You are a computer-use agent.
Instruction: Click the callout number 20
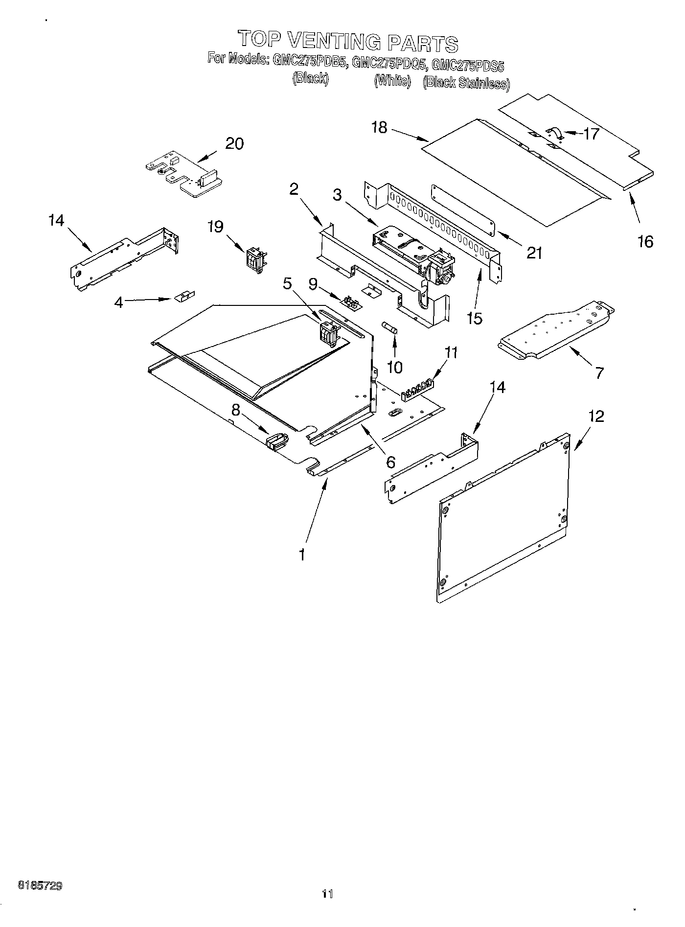(x=234, y=144)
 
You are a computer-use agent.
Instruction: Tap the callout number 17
(x=591, y=134)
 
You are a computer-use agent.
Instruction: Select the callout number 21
(x=534, y=253)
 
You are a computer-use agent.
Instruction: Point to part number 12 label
(x=596, y=417)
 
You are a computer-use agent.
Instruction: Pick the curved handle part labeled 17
(x=554, y=133)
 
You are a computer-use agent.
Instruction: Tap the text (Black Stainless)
(x=466, y=83)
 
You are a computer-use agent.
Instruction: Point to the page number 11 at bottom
(x=327, y=894)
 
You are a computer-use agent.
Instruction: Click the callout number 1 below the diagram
(x=302, y=555)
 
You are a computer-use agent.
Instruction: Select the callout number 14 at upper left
(x=56, y=221)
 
